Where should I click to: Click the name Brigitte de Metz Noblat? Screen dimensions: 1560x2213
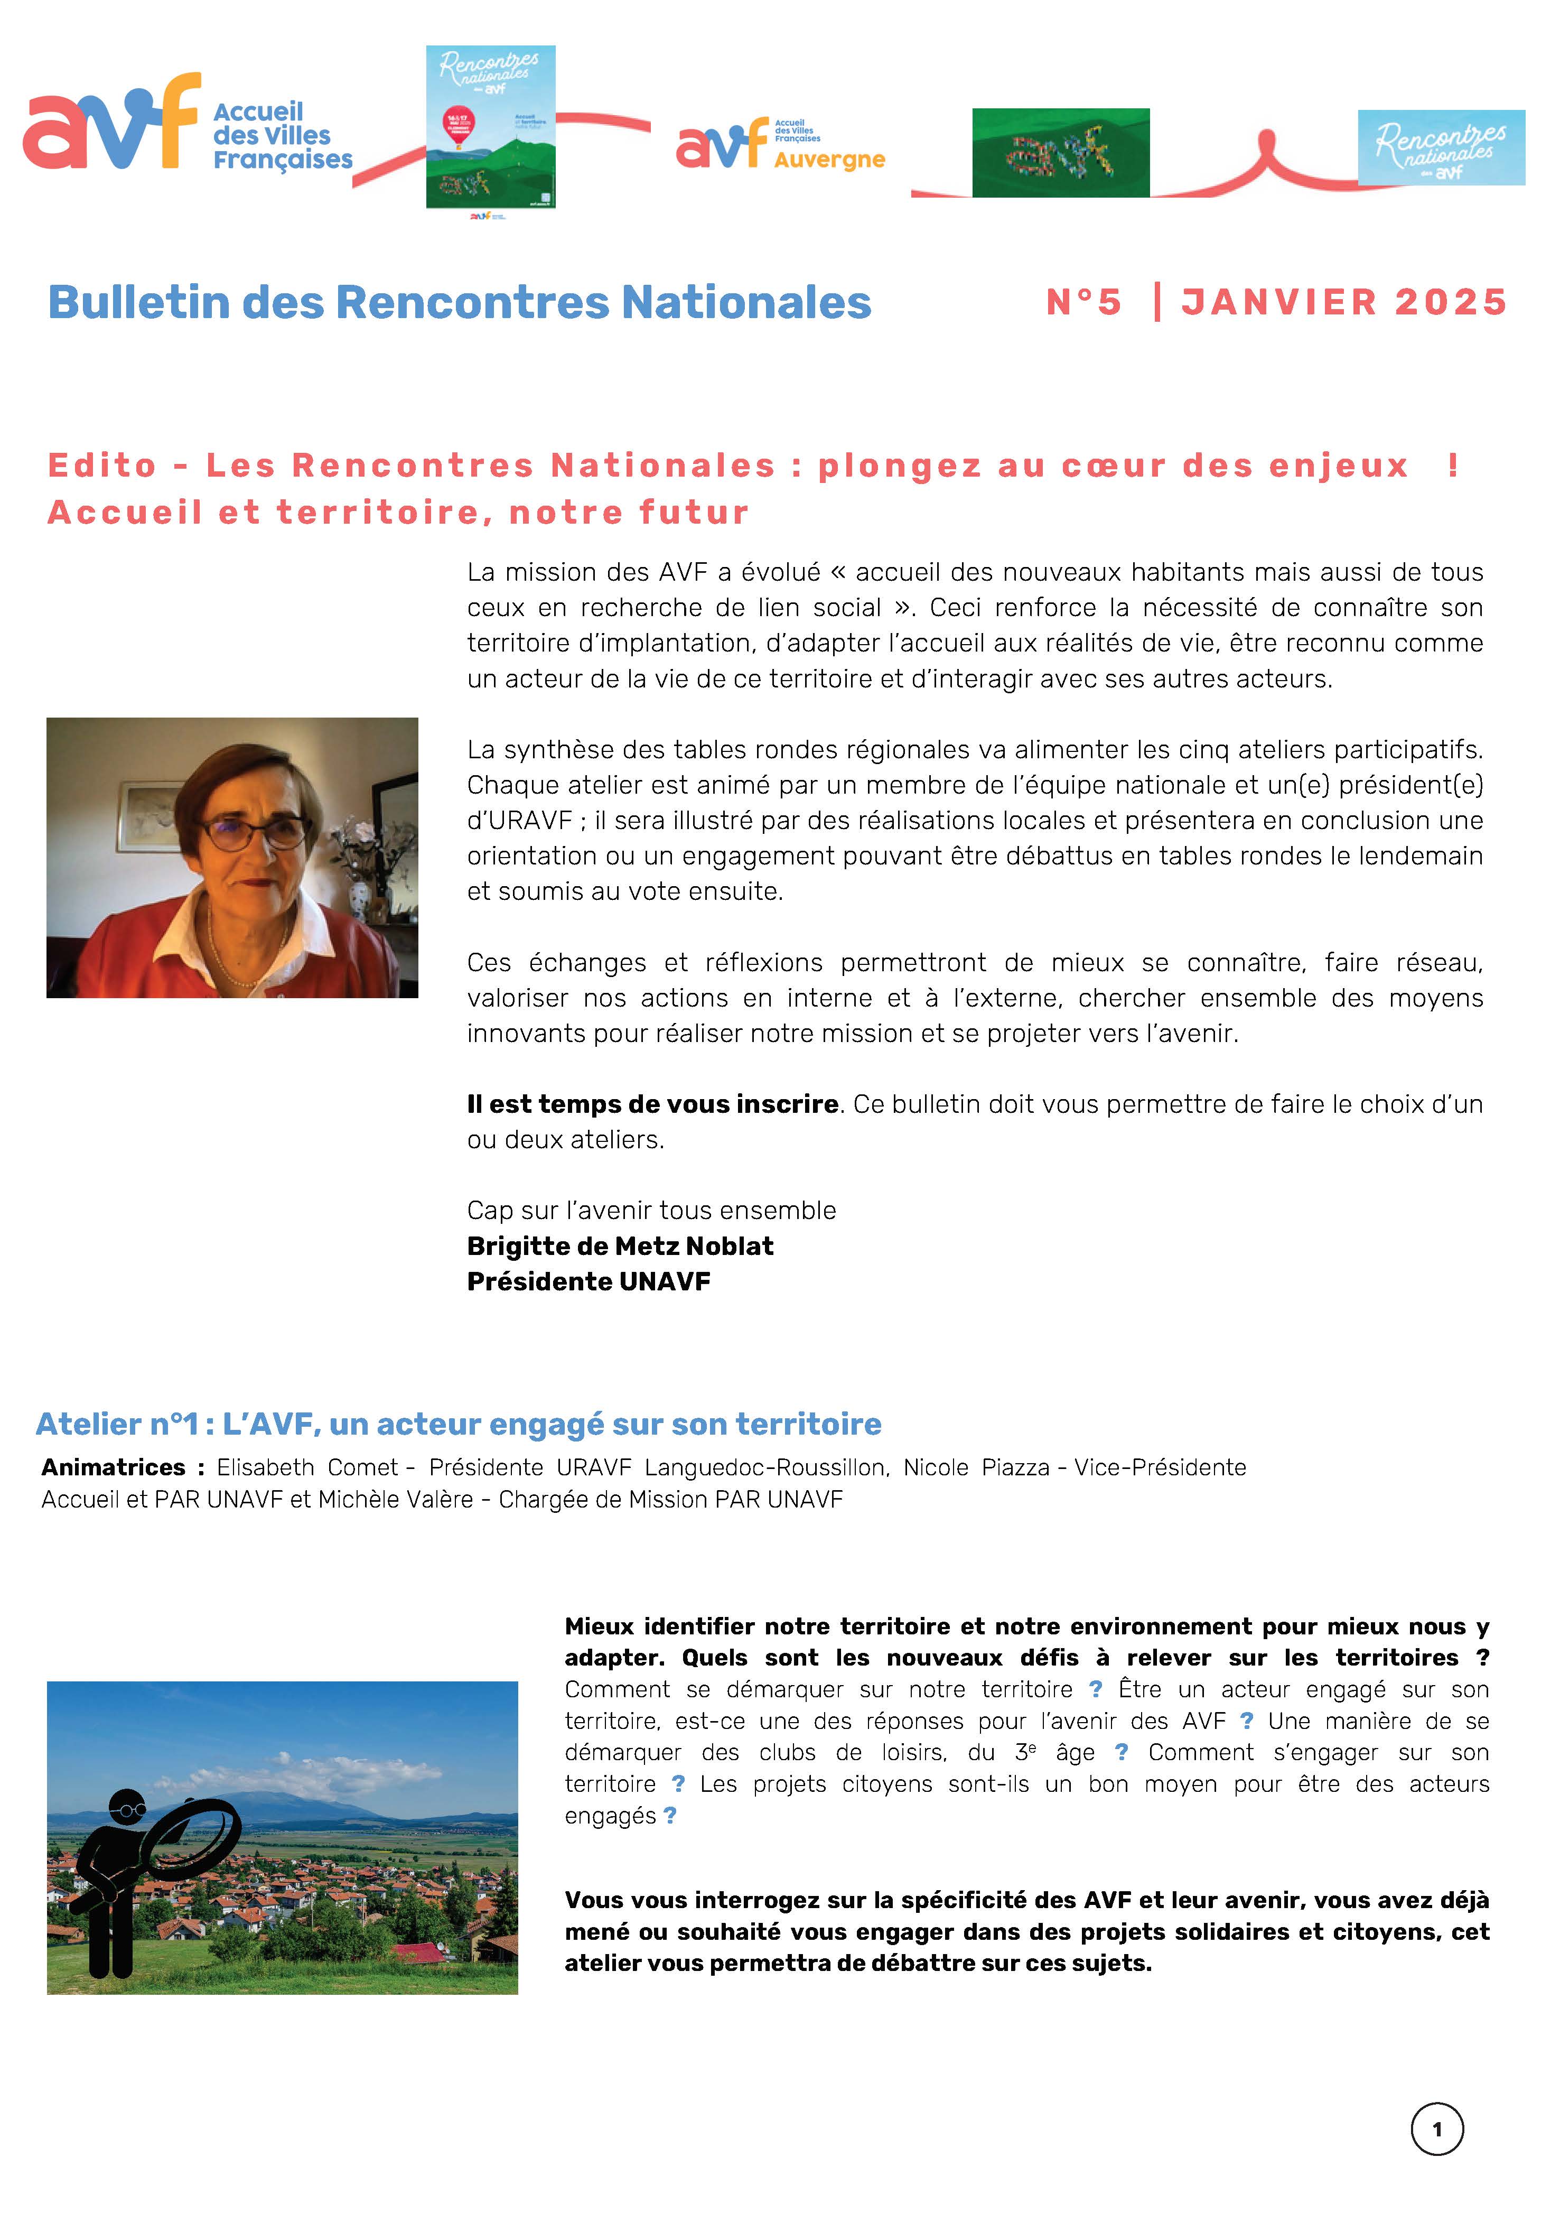click(x=620, y=1246)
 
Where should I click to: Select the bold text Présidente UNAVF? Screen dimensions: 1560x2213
click(x=588, y=1282)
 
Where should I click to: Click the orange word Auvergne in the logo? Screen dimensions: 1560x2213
click(x=829, y=160)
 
